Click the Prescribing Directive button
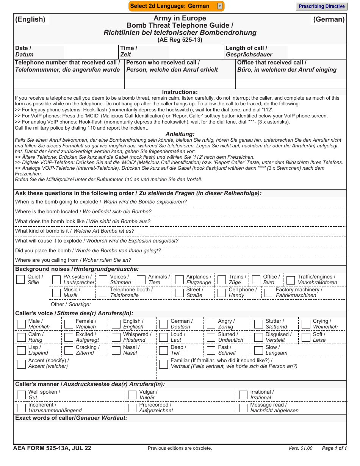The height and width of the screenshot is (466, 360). [321, 6]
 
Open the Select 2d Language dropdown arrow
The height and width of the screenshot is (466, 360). [220, 6]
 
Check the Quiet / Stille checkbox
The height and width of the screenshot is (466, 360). [21, 280]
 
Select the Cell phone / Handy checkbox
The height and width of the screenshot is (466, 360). [222, 292]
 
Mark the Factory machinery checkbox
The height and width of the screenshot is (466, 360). [269, 292]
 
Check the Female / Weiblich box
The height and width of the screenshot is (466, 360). [69, 324]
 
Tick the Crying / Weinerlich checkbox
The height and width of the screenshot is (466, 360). [306, 324]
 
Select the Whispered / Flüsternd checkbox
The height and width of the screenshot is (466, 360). [116, 337]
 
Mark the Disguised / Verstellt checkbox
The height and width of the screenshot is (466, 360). [258, 337]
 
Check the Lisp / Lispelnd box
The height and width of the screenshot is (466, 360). [22, 350]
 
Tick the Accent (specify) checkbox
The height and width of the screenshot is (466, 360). [22, 364]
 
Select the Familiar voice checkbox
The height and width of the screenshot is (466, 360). [164, 364]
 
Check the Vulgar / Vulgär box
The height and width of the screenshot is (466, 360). [132, 395]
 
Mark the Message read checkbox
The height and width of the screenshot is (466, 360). [243, 408]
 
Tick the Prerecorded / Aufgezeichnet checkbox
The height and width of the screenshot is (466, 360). [132, 408]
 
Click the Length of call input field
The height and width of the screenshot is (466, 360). [316, 52]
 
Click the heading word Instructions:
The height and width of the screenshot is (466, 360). [180, 92]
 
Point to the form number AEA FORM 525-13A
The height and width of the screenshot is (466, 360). [52, 448]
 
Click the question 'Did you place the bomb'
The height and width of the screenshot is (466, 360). [43, 250]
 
